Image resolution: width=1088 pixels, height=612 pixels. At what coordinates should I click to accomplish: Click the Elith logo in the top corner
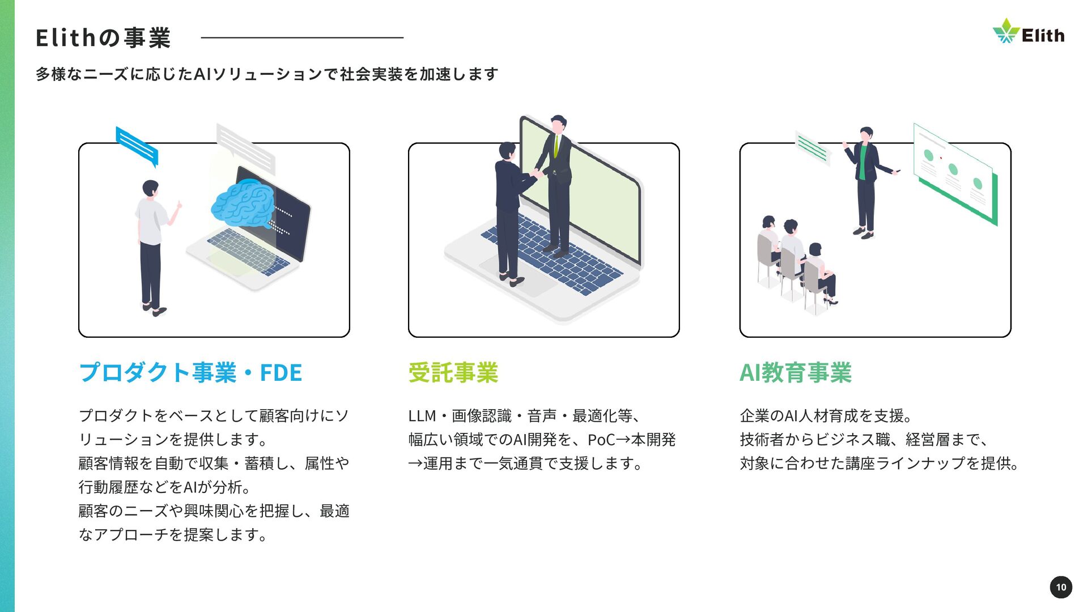1028,32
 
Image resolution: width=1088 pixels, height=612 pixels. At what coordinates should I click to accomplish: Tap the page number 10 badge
1061,587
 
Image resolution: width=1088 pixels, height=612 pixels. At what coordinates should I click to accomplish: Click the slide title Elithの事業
103,38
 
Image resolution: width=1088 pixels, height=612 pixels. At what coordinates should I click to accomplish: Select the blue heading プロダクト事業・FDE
190,373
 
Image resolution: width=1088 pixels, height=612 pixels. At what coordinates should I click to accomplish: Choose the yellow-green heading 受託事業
453,373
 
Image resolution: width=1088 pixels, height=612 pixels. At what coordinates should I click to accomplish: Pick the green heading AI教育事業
796,373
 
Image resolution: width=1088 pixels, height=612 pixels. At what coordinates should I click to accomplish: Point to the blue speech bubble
137,145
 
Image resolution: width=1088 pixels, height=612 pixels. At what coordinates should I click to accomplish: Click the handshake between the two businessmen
536,173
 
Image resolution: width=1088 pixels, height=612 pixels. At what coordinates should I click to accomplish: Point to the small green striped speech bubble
813,148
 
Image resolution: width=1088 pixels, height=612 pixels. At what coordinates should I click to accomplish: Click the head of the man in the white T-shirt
150,188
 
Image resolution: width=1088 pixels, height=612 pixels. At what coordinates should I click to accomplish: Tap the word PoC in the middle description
601,440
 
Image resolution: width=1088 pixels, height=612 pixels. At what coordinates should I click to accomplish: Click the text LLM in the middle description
422,416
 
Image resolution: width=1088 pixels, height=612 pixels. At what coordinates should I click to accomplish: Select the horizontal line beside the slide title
302,38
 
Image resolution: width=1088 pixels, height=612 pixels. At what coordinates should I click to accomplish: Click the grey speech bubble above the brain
245,147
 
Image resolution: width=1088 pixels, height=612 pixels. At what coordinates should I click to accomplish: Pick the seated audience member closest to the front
819,272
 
